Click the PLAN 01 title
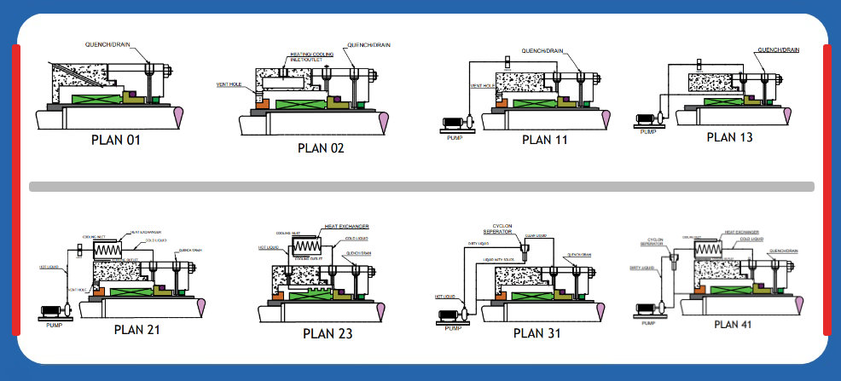115,140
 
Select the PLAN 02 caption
322,147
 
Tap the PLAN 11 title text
544,140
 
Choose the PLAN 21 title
136,329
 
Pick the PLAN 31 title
538,332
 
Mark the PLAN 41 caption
738,323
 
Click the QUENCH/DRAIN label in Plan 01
109,42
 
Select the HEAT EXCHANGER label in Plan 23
345,227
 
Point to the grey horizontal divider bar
421,186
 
